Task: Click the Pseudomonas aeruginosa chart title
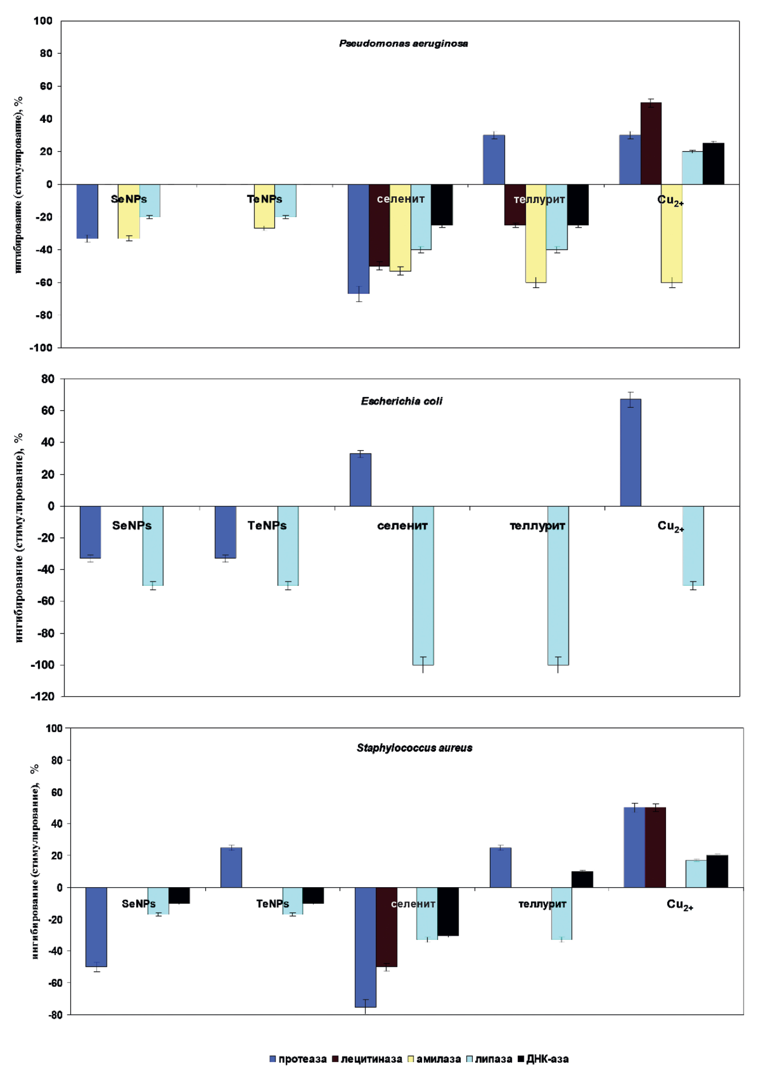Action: (403, 44)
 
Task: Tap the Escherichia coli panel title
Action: (402, 401)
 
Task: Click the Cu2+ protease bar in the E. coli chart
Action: (630, 452)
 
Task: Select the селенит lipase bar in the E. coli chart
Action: (423, 585)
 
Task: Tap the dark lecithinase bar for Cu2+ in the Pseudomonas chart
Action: (651, 143)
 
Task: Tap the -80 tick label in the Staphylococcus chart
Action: (55, 1015)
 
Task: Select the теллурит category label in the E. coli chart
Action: (537, 526)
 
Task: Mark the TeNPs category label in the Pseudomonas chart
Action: (264, 199)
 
